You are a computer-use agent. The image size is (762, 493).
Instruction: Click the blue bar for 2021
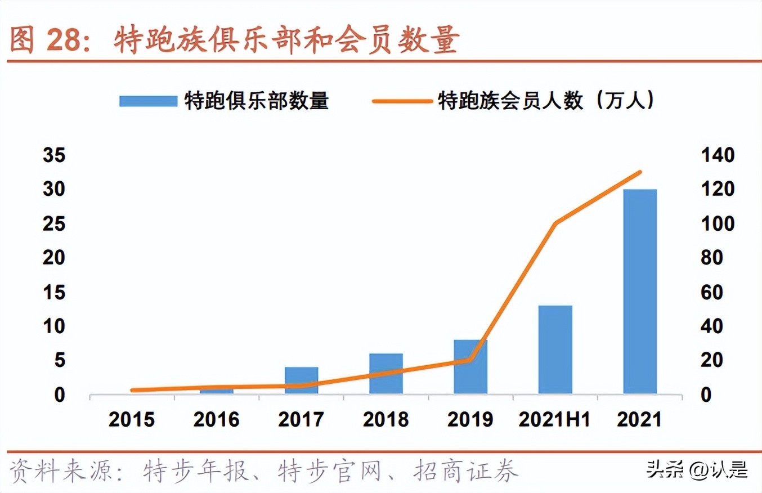click(639, 292)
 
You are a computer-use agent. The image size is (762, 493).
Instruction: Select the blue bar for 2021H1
click(555, 349)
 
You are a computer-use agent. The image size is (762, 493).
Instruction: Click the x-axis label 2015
click(132, 420)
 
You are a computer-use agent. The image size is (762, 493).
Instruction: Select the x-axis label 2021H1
click(555, 420)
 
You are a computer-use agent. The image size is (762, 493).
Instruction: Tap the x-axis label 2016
click(217, 420)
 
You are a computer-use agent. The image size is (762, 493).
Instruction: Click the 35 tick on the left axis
click(55, 156)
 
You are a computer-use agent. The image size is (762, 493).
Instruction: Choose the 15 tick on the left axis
click(55, 293)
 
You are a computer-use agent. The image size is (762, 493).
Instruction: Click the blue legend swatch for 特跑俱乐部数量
click(148, 101)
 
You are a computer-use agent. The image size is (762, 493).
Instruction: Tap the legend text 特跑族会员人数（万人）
click(546, 101)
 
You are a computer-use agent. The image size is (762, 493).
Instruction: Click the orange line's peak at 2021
click(640, 172)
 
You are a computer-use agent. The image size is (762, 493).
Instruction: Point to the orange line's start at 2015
click(132, 390)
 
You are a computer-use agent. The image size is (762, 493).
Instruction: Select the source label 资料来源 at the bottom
click(65, 472)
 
